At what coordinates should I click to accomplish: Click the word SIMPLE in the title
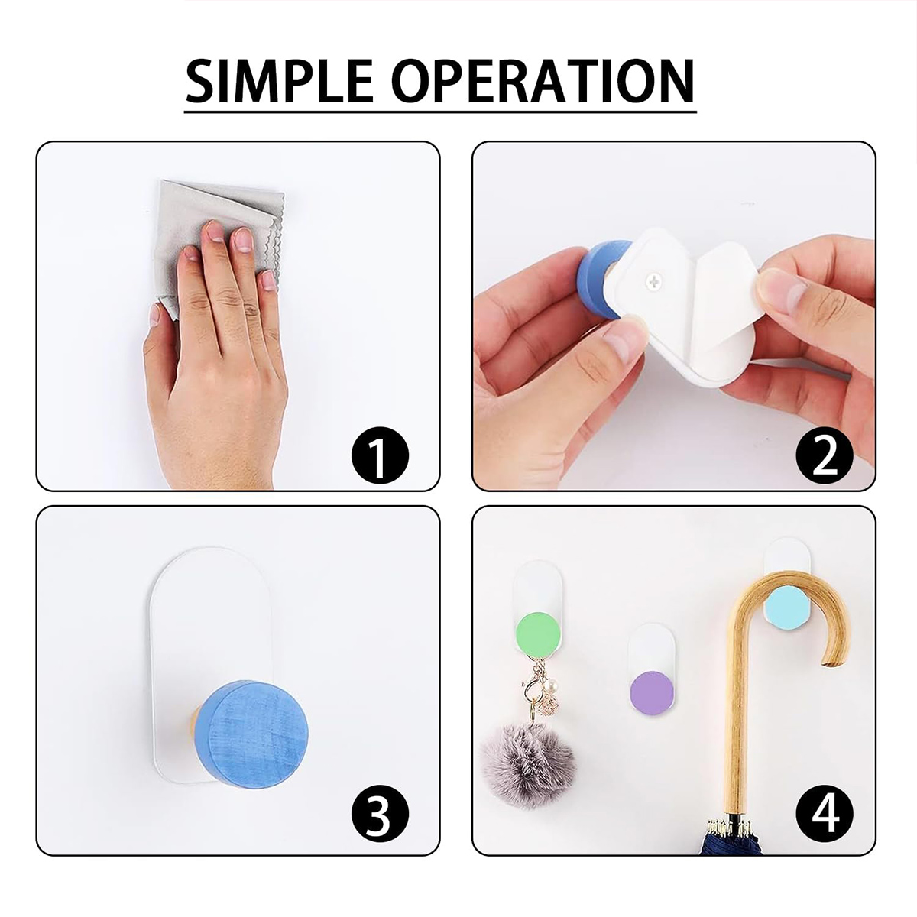tap(279, 81)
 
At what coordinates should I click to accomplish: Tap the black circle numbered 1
tap(380, 455)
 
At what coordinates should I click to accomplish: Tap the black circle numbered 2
tap(825, 455)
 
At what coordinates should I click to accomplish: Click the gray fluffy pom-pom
tap(528, 760)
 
